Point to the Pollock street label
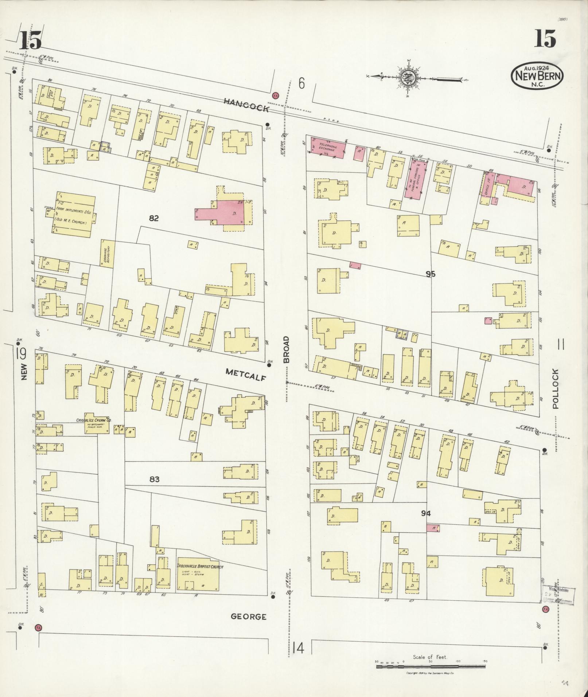pyautogui.click(x=555, y=389)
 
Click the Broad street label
pyautogui.click(x=287, y=349)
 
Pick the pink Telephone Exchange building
pyautogui.click(x=327, y=147)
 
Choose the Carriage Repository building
pyautogui.click(x=108, y=254)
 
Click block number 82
pyautogui.click(x=154, y=218)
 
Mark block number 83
pyautogui.click(x=154, y=479)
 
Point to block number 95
pyautogui.click(x=430, y=274)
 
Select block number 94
pyautogui.click(x=425, y=513)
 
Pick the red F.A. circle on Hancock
pyautogui.click(x=276, y=96)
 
